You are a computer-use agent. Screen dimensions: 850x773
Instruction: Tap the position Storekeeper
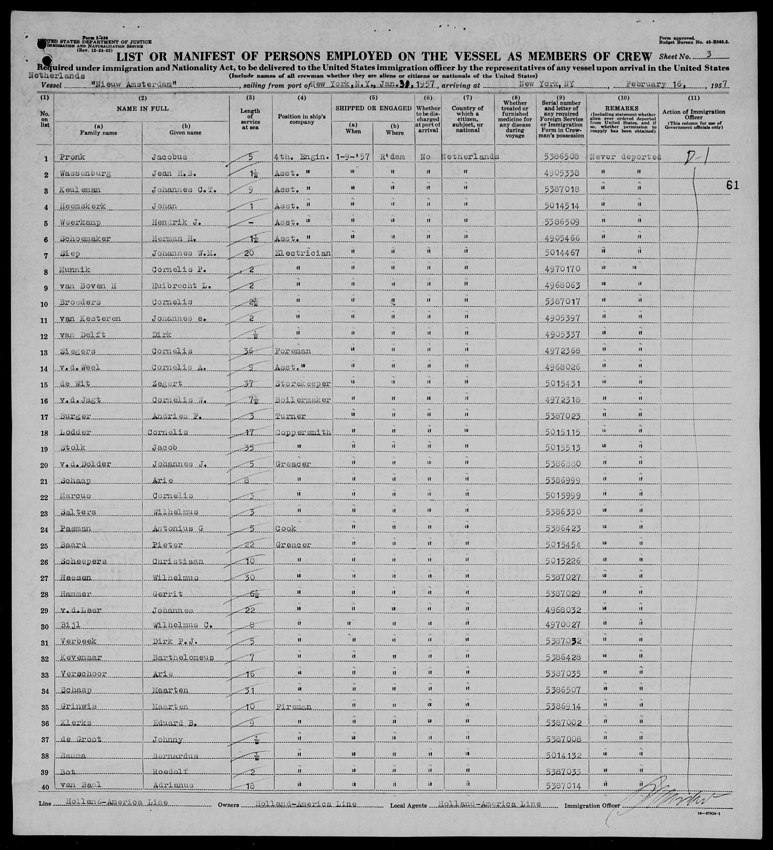point(302,383)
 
